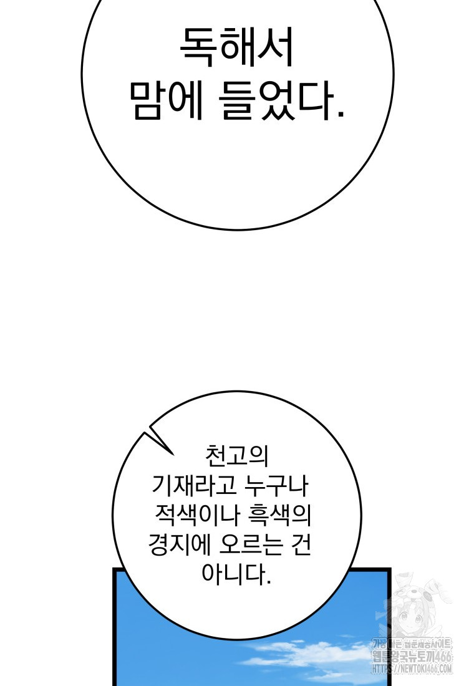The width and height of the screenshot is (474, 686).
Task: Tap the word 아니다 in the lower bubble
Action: pos(234,573)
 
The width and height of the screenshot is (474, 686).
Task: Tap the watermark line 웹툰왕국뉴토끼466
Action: pos(412,656)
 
